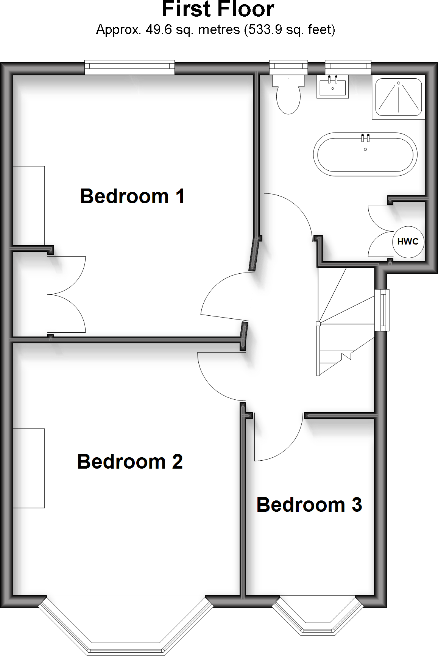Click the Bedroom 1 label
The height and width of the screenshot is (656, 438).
pos(132,196)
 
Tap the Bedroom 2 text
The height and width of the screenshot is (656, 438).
pos(130,462)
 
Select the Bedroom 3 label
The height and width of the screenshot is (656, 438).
pos(309,505)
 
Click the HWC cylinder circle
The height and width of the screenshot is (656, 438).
pos(408,242)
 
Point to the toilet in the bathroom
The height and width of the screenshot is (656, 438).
pos(288,97)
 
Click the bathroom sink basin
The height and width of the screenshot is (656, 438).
pos(332,87)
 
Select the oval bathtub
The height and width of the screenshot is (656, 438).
pos(365,154)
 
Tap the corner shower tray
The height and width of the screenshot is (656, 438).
pos(399,97)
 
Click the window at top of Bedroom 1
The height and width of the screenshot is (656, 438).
pos(129,68)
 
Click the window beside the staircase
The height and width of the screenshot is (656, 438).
pos(383,310)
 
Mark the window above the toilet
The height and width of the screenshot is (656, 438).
pos(288,67)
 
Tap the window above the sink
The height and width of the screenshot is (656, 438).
pos(348,67)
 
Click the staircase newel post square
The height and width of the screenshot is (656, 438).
pos(318,324)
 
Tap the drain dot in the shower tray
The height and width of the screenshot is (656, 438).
pos(399,83)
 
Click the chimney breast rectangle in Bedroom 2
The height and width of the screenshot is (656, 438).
pos(29,468)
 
